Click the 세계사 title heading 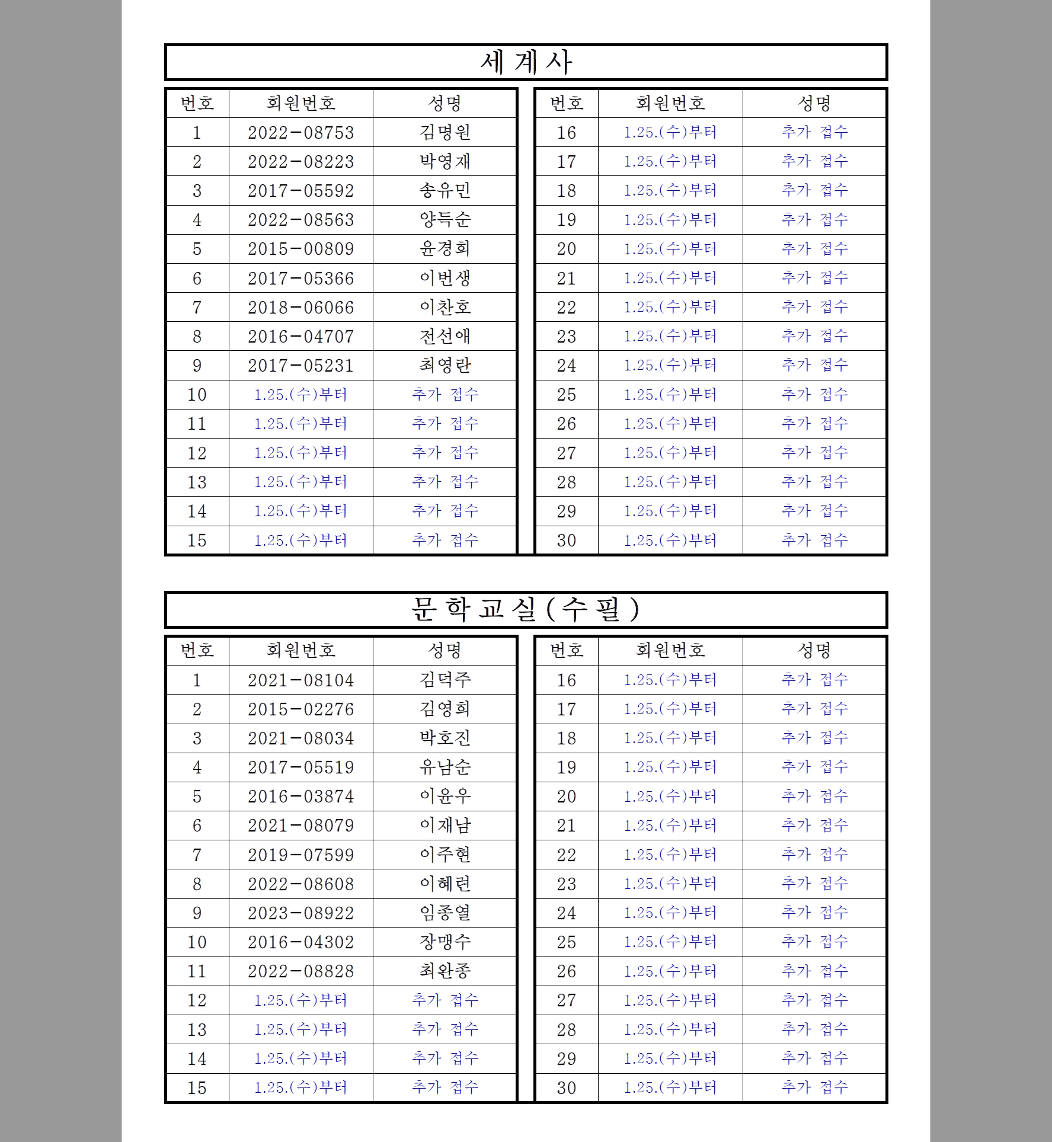coord(526,62)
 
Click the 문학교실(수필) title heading coord(526,610)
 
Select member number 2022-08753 coord(300,132)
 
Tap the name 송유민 coord(445,190)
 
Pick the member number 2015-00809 coord(300,249)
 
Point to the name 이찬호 coord(445,307)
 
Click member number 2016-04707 coord(300,337)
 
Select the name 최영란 coord(445,365)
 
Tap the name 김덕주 coord(445,680)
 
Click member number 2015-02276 coord(300,709)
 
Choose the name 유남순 coord(445,767)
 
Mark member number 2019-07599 coord(300,855)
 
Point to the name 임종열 coord(445,913)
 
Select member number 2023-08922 coord(300,913)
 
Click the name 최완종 coord(445,971)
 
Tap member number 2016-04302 coord(300,942)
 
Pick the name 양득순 coord(445,220)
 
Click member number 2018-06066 coord(300,308)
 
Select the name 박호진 coord(445,738)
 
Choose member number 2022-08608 coord(300,884)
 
